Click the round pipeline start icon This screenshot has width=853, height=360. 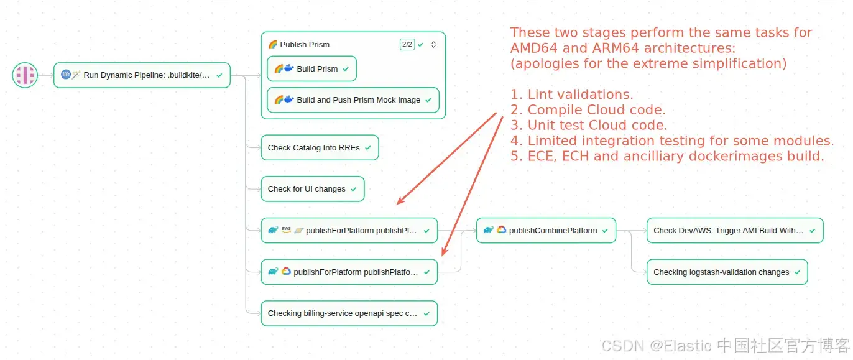(x=25, y=75)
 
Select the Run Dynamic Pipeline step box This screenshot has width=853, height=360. (x=142, y=75)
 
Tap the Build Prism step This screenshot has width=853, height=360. (x=311, y=69)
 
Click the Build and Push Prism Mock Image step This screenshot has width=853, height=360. (x=353, y=100)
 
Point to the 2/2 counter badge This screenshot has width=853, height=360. (x=407, y=44)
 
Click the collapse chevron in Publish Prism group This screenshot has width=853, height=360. (x=434, y=45)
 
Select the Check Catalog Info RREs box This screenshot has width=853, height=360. (x=319, y=148)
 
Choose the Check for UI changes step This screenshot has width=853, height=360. (x=312, y=189)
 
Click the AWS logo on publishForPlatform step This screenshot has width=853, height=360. (x=286, y=229)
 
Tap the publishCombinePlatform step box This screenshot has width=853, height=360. (x=546, y=230)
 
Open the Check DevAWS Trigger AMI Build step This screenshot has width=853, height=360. (x=734, y=230)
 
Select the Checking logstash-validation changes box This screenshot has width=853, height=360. (x=727, y=272)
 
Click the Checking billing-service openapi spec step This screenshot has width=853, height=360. (x=349, y=313)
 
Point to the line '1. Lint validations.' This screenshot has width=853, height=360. (x=572, y=95)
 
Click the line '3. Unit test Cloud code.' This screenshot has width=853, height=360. (x=589, y=126)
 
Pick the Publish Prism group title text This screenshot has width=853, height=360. (x=305, y=45)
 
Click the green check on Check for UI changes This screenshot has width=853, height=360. (x=354, y=189)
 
